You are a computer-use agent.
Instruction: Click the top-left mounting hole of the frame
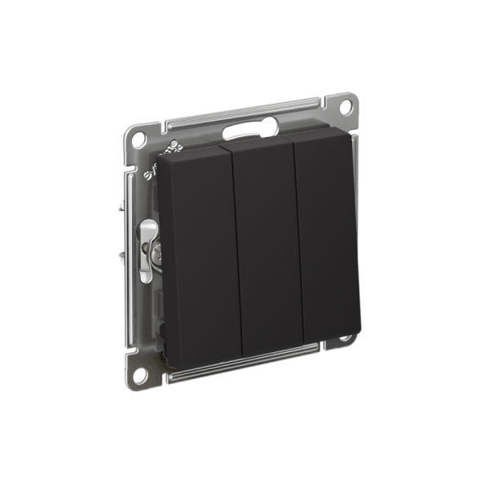(139, 134)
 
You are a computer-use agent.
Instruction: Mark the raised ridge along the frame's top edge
(244, 114)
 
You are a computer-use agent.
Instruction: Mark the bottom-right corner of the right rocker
(359, 333)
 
